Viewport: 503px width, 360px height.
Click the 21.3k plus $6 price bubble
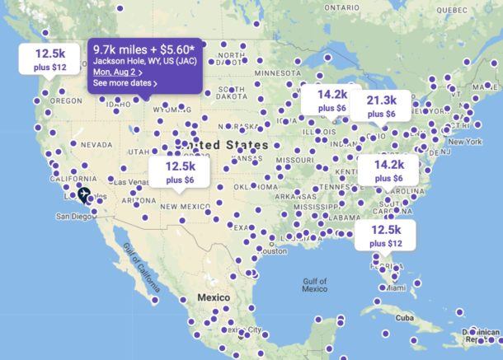coord(382,105)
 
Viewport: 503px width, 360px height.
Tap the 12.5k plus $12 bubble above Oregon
coord(49,58)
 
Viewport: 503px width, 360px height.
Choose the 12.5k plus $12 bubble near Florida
coord(385,236)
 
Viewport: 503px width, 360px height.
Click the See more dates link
coord(125,83)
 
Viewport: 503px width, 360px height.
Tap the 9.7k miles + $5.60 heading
coord(149,49)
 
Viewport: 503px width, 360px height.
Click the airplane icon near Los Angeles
coord(83,195)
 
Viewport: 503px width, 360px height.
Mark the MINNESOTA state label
coord(277,72)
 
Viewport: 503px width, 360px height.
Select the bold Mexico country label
coord(203,297)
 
